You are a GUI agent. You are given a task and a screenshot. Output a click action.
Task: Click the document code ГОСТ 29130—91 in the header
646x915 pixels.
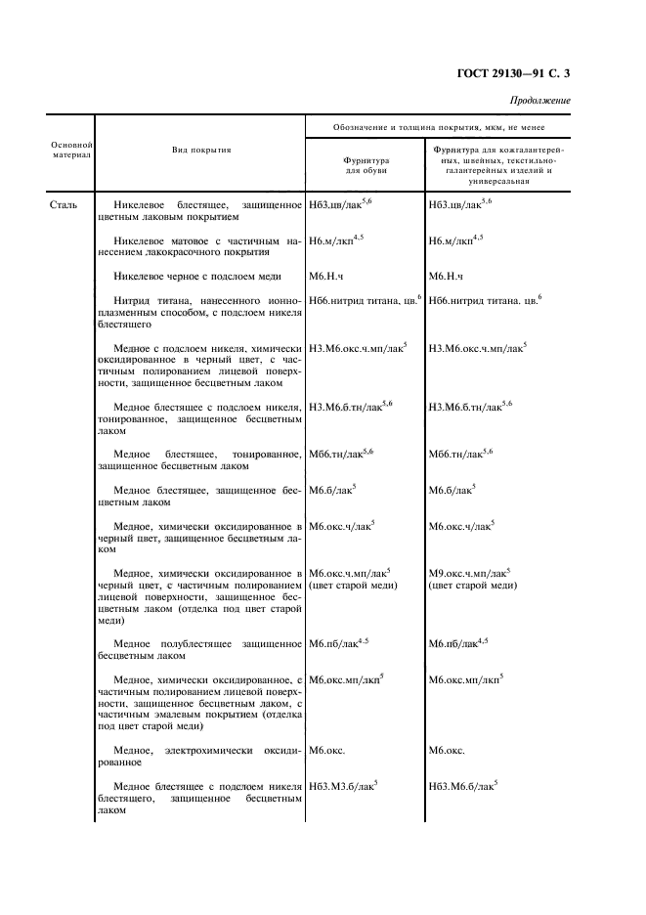click(x=505, y=73)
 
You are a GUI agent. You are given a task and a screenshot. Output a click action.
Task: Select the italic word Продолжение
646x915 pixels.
click(x=539, y=102)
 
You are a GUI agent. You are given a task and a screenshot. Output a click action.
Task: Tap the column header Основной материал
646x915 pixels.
click(x=70, y=150)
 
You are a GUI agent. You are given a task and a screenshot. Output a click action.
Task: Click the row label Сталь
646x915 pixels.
click(x=63, y=206)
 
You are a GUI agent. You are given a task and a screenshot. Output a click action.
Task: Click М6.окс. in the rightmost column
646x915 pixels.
click(x=447, y=751)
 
